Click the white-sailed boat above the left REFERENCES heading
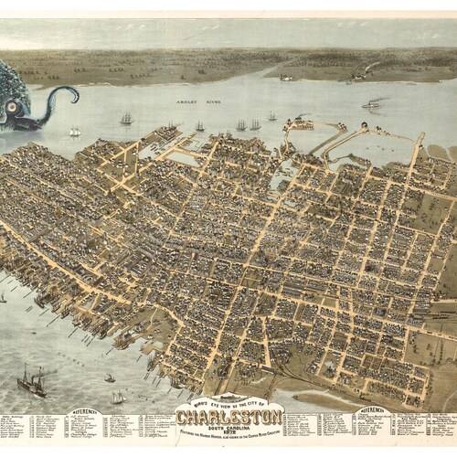118,397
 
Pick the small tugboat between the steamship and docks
109,377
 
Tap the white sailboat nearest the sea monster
75,132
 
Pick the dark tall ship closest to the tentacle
126,118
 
